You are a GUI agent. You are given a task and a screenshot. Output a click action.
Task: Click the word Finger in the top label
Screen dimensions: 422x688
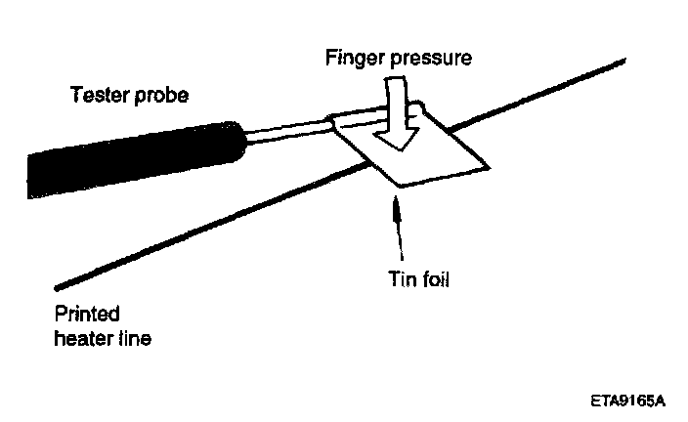pyautogui.click(x=350, y=58)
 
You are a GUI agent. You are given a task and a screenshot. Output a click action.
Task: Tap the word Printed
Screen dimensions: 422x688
pyautogui.click(x=87, y=315)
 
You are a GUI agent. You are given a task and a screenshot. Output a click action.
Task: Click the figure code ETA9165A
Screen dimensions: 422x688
pyautogui.click(x=627, y=400)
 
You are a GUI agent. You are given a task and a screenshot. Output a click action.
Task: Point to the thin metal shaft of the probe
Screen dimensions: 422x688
pyautogui.click(x=288, y=127)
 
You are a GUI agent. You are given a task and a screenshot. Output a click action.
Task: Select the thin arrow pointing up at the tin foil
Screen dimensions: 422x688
pyautogui.click(x=395, y=230)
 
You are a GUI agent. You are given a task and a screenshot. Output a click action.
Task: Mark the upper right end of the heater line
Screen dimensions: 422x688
pyautogui.click(x=623, y=62)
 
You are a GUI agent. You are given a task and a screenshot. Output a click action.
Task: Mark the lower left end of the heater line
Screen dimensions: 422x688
pyautogui.click(x=59, y=288)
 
